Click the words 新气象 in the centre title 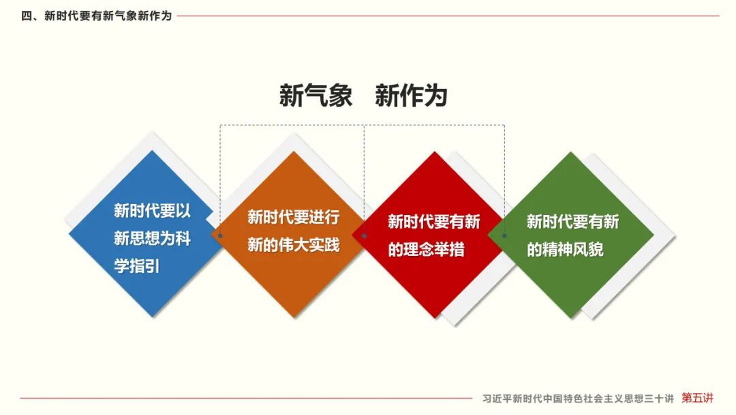[x=316, y=96]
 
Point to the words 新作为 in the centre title [x=411, y=96]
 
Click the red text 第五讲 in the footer [x=698, y=398]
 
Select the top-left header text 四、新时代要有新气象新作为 [x=97, y=16]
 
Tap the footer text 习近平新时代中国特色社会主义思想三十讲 [x=577, y=399]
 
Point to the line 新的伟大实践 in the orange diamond [x=294, y=244]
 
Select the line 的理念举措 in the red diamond [x=427, y=249]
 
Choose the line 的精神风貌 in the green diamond [x=565, y=249]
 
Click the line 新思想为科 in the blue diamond [x=152, y=239]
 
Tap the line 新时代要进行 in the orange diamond [x=294, y=218]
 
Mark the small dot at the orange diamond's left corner [x=220, y=235]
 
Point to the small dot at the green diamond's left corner [x=504, y=235]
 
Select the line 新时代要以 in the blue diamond [x=152, y=211]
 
